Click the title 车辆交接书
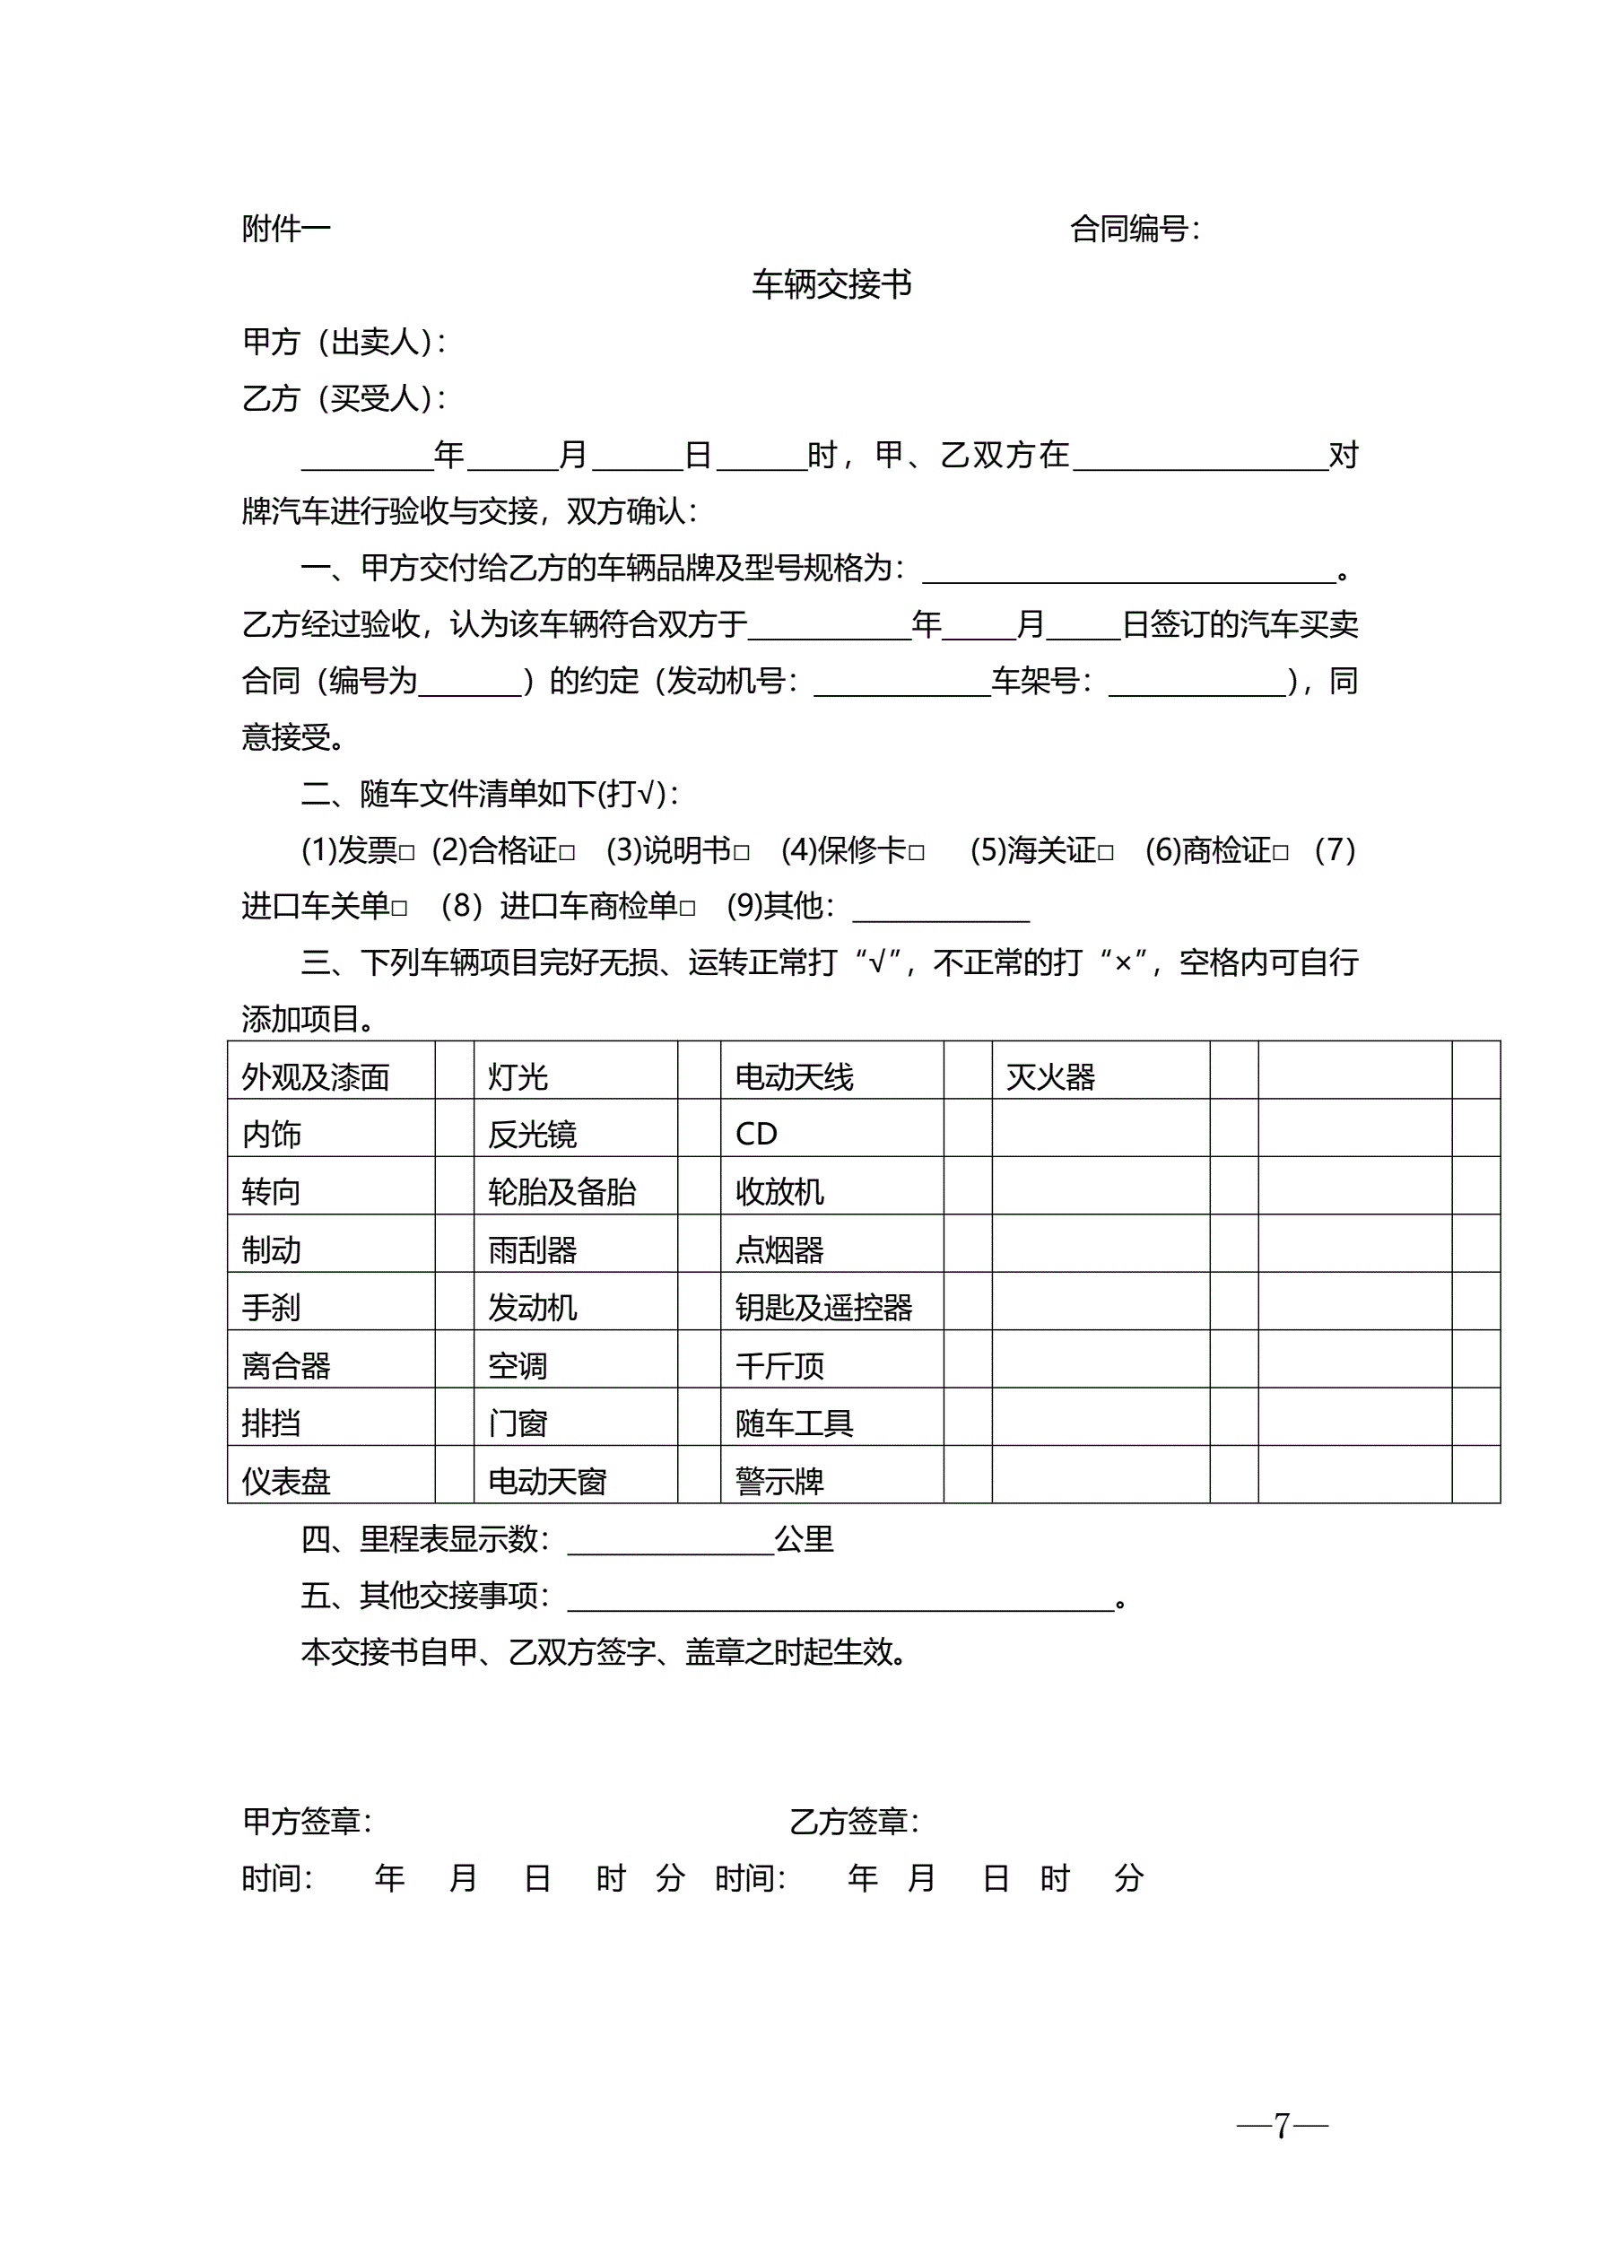tap(831, 285)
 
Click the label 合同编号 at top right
tap(1134, 229)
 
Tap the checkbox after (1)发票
tap(407, 854)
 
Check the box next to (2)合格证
tap(567, 854)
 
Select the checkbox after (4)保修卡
tap(917, 854)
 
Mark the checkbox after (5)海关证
tap(1106, 854)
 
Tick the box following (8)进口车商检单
tap(688, 909)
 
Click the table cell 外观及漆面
tap(316, 1077)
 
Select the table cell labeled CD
tap(756, 1135)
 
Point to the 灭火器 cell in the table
tap(1051, 1077)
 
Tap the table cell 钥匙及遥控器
tap(824, 1308)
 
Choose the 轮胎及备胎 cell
tap(562, 1193)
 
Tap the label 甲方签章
tap(307, 1822)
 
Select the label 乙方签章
tap(854, 1822)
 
